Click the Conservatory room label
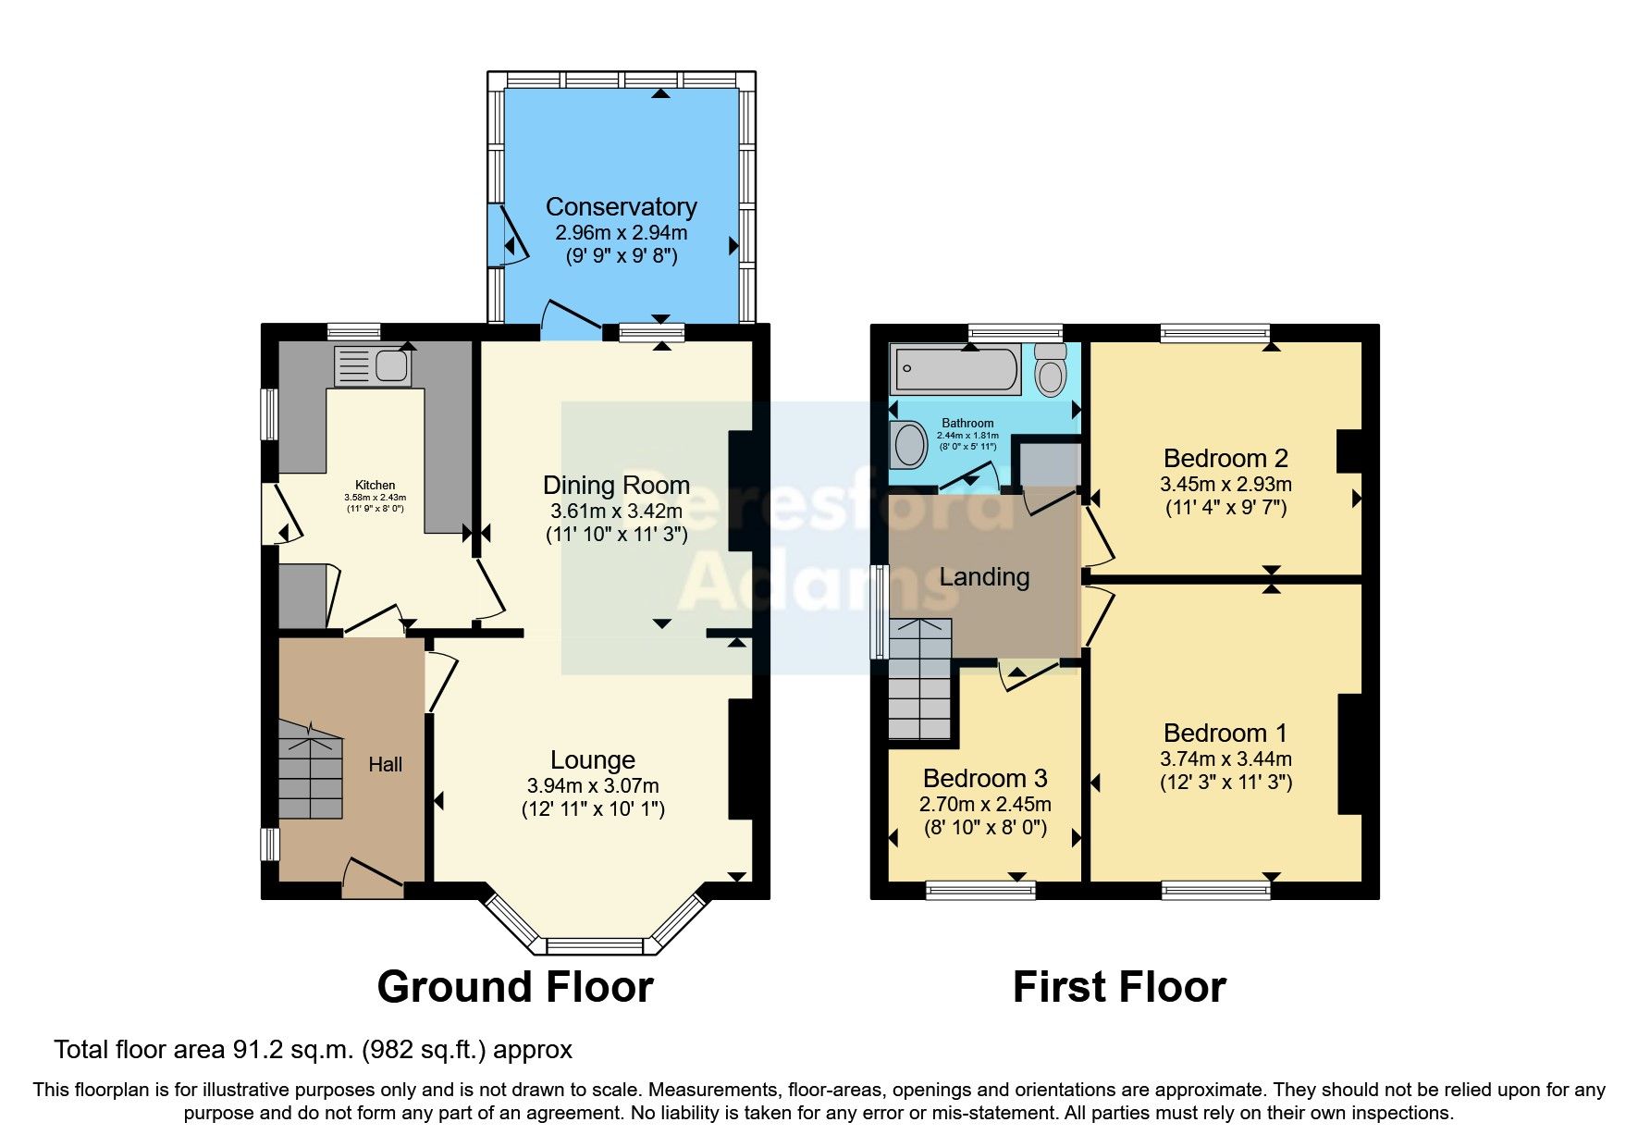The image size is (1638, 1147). click(621, 206)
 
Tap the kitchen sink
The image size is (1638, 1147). click(374, 366)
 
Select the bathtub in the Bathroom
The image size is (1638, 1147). click(954, 369)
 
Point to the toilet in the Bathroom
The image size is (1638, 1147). click(1050, 372)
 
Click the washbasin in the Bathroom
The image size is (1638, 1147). click(909, 445)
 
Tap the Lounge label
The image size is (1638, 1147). click(592, 759)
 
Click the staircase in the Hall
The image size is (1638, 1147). click(311, 771)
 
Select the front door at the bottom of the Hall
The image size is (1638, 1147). click(374, 875)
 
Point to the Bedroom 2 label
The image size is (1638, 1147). click(1225, 458)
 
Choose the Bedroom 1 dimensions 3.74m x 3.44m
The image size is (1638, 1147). click(1225, 758)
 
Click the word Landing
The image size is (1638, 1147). click(984, 577)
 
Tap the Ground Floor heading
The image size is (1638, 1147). click(515, 987)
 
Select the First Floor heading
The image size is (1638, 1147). click(1119, 987)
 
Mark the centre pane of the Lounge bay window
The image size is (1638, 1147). click(594, 945)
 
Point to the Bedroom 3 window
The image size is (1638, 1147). click(980, 890)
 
